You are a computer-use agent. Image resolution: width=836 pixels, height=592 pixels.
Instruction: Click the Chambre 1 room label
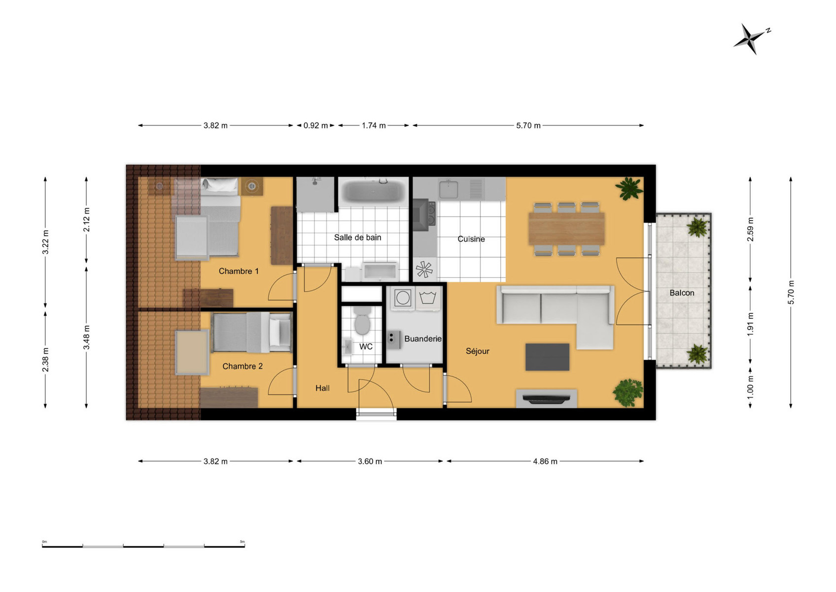239,271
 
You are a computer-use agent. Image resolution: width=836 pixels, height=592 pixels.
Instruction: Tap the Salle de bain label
357,238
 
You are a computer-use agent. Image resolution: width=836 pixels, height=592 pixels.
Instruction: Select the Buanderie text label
423,339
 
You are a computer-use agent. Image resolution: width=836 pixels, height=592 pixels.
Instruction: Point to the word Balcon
682,293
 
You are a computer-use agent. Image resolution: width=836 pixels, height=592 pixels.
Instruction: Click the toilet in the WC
362,321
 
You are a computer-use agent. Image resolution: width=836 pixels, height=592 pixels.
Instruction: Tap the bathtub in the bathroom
374,191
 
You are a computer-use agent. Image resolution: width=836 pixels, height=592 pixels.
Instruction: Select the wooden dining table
566,228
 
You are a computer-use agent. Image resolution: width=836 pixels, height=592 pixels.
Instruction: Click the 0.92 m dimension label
315,125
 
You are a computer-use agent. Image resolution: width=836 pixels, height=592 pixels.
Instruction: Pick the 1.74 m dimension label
374,125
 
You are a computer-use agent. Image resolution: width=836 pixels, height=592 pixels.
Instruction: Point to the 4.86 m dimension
545,461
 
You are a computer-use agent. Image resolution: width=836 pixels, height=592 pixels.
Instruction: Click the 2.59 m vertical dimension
751,229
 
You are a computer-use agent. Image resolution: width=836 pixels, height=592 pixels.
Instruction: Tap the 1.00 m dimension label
751,386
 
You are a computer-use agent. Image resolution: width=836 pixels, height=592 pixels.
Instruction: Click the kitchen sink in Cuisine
448,189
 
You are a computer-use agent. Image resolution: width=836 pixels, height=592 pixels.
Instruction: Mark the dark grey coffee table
548,357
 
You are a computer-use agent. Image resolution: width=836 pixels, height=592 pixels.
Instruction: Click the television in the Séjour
547,399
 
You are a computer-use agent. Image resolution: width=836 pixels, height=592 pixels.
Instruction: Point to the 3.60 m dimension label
370,461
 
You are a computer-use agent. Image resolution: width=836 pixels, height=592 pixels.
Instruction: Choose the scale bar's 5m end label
242,542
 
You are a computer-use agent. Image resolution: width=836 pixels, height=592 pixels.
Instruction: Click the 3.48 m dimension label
86,337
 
